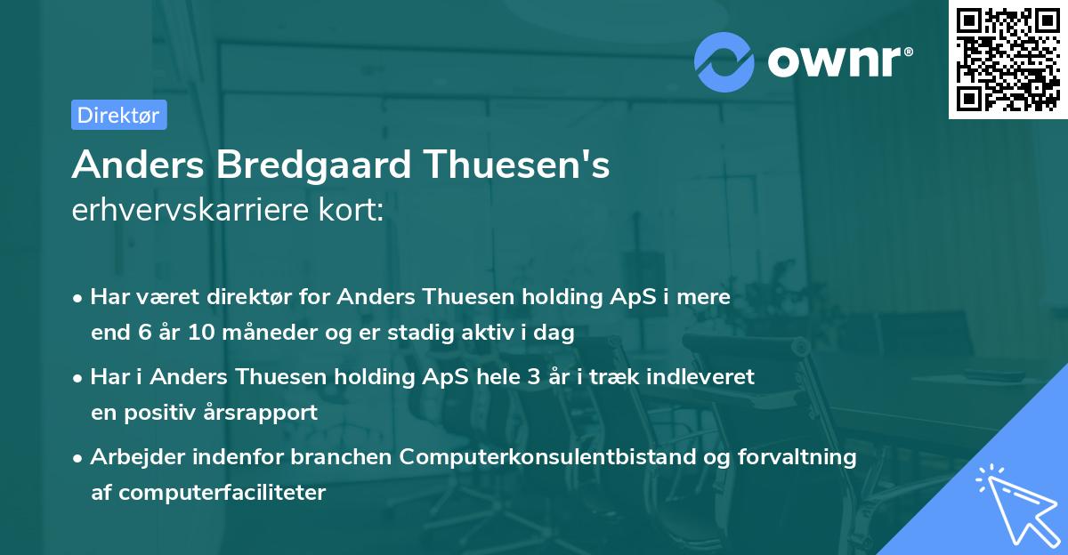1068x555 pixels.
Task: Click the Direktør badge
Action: [x=118, y=115]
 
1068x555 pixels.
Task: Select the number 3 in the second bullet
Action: [x=533, y=377]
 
